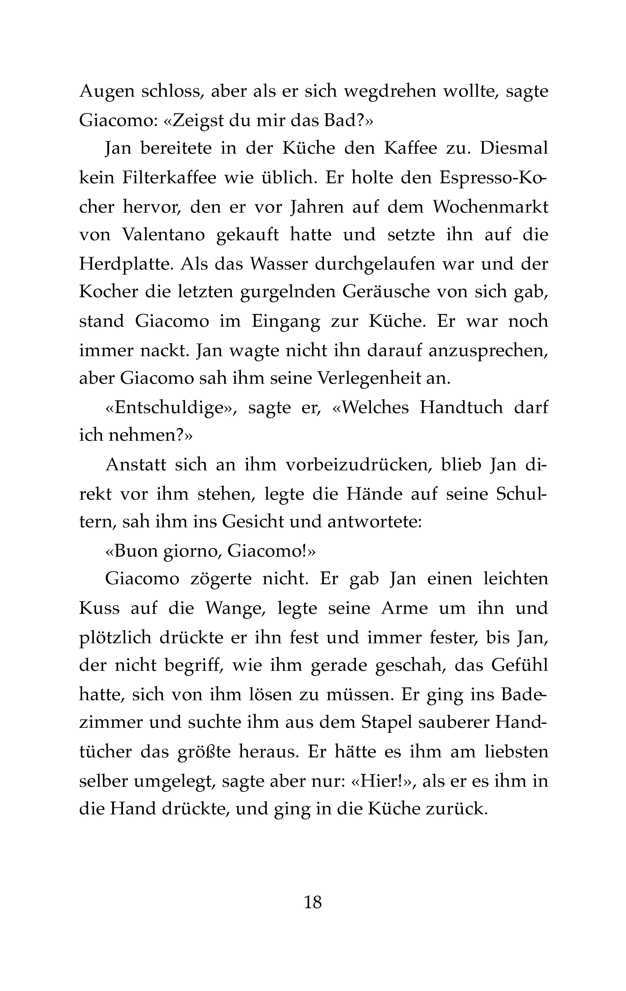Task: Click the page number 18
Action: (x=313, y=902)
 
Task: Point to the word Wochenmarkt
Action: (x=490, y=207)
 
